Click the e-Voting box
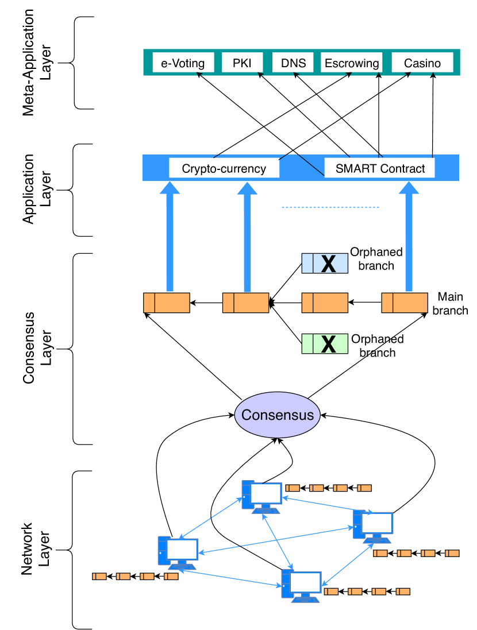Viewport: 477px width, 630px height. (x=183, y=63)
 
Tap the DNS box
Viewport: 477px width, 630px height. (x=294, y=63)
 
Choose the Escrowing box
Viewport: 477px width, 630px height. (x=352, y=63)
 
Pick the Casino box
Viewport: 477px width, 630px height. (x=422, y=63)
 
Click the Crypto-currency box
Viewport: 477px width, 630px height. (x=224, y=168)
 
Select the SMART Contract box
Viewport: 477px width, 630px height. (x=379, y=168)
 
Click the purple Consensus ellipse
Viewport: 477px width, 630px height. (x=278, y=415)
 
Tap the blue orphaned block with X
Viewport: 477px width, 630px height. (x=325, y=263)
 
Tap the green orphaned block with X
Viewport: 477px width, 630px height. (x=325, y=343)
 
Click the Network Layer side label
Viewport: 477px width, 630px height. (x=35, y=549)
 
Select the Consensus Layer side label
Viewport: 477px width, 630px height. (x=35, y=348)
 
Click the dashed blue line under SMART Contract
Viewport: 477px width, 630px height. (x=332, y=207)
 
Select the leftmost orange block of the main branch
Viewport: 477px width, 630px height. (x=166, y=302)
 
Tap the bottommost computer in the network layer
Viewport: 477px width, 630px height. (x=301, y=586)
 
